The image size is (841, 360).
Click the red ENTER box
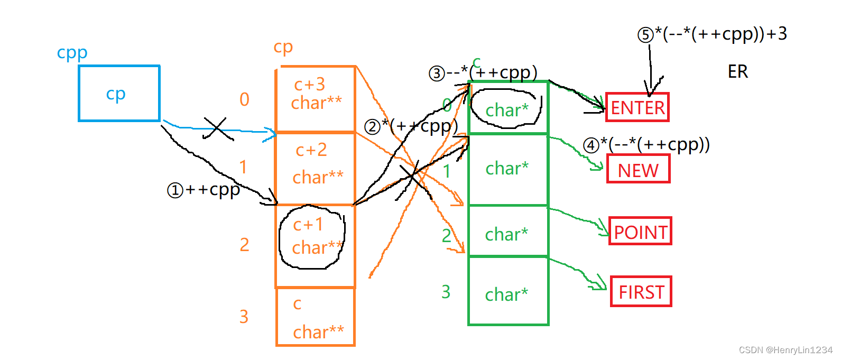(637, 107)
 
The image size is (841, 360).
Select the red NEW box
(639, 170)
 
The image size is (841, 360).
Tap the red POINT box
(640, 231)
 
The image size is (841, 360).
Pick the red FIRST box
(641, 291)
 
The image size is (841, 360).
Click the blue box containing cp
(119, 94)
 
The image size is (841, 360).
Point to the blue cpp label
(72, 53)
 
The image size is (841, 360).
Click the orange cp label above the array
(283, 48)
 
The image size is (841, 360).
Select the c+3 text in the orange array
(309, 85)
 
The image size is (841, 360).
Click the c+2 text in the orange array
(311, 150)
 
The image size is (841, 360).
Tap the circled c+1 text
(308, 225)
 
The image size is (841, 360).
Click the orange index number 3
(244, 317)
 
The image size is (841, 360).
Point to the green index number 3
(446, 292)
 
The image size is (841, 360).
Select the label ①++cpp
(204, 190)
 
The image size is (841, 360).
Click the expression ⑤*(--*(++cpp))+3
(712, 34)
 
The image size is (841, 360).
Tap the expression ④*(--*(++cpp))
(646, 144)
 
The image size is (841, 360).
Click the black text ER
(737, 72)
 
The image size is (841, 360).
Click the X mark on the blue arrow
(217, 128)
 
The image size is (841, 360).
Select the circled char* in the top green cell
(506, 110)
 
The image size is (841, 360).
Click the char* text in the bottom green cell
(506, 294)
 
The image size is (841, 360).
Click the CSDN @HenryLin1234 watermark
(785, 350)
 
